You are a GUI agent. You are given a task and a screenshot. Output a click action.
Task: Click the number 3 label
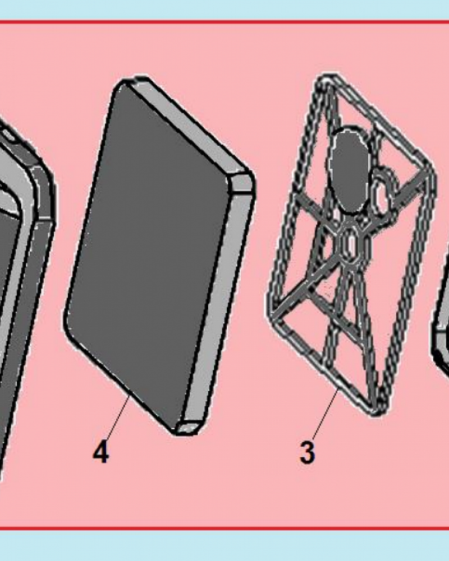point(307,453)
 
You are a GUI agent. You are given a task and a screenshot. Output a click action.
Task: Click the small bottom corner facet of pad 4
point(189,427)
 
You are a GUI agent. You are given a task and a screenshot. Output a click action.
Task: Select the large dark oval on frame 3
point(349,171)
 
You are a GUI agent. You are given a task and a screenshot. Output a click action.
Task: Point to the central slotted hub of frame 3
point(351,243)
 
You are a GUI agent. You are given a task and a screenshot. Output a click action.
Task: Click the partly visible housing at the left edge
point(25,286)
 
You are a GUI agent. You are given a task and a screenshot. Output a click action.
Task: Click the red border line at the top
point(224,22)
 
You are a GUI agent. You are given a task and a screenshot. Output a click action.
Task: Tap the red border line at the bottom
point(224,528)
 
